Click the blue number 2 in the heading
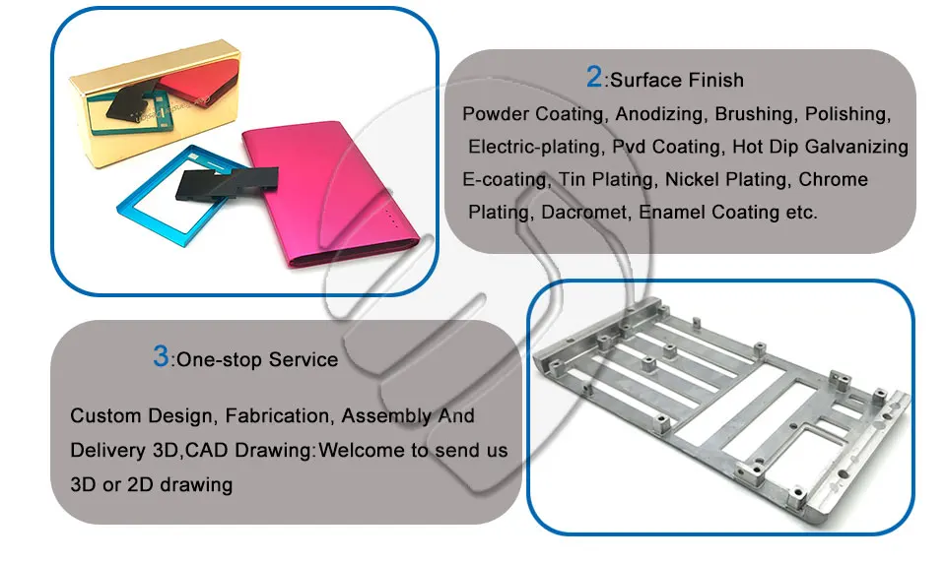tap(593, 77)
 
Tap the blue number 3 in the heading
tap(161, 356)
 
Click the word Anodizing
tap(659, 114)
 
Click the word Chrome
tap(834, 179)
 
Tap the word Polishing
tap(847, 114)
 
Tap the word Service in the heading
tap(304, 359)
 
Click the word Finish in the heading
tap(719, 80)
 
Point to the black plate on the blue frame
tap(227, 183)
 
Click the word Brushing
tap(754, 114)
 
